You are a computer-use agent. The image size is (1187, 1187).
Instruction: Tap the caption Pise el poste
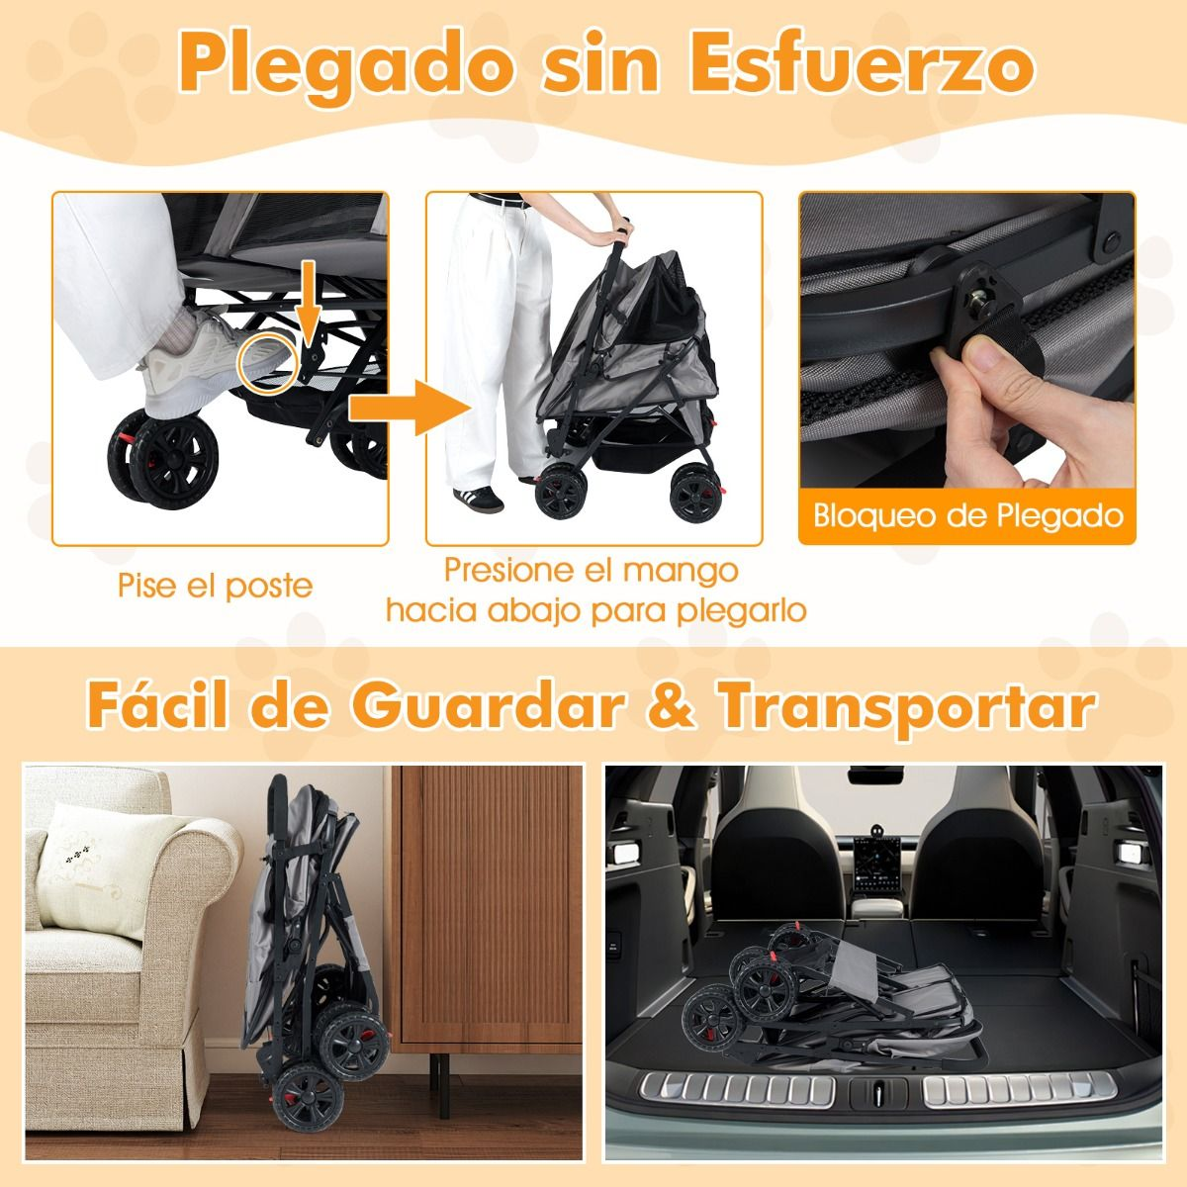(x=215, y=586)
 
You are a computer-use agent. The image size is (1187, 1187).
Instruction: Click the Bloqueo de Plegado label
(x=967, y=515)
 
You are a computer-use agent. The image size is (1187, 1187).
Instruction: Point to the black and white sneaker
(x=479, y=498)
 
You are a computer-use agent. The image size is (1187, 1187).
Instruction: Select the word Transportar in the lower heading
(x=907, y=708)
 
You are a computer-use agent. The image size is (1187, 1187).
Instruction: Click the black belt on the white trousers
(x=498, y=200)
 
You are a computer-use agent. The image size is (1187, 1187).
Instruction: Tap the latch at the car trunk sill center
(x=878, y=1092)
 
